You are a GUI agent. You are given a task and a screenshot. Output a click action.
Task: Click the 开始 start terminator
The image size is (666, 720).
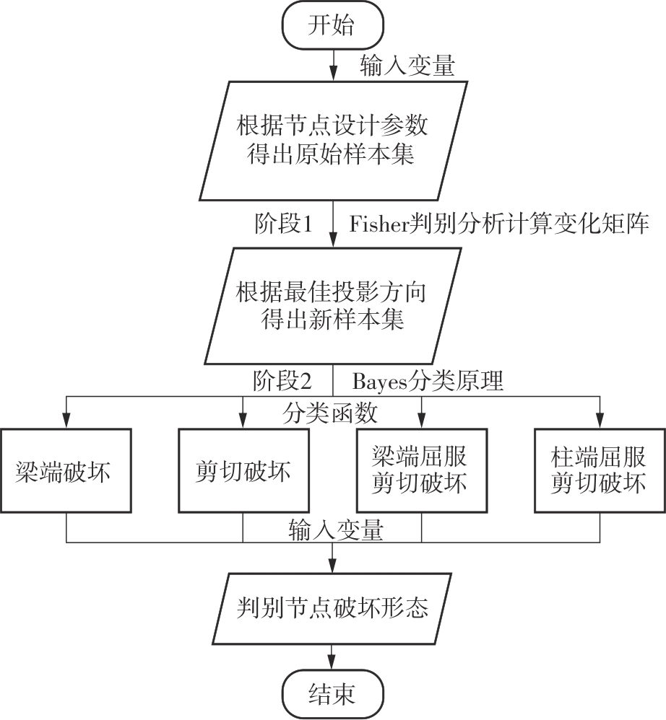click(x=332, y=27)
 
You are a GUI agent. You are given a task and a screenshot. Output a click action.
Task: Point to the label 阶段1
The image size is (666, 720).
click(x=284, y=224)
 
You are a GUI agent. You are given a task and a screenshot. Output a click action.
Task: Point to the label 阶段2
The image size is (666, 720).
click(x=284, y=379)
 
